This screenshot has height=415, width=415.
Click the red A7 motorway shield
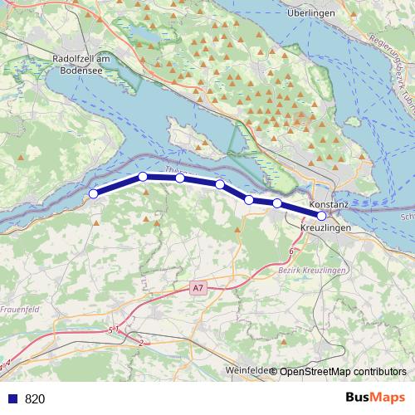point(197,288)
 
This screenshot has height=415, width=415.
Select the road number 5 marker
point(110,330)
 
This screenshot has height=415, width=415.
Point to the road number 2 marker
point(142,342)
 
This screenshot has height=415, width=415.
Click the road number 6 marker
point(291,251)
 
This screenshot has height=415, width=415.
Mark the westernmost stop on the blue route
point(94,194)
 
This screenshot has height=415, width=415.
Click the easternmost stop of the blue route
point(322,215)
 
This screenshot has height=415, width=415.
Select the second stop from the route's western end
point(143,177)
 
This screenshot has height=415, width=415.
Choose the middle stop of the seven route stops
point(220,184)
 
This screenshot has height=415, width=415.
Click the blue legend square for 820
point(12,398)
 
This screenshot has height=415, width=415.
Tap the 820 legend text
point(35,398)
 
